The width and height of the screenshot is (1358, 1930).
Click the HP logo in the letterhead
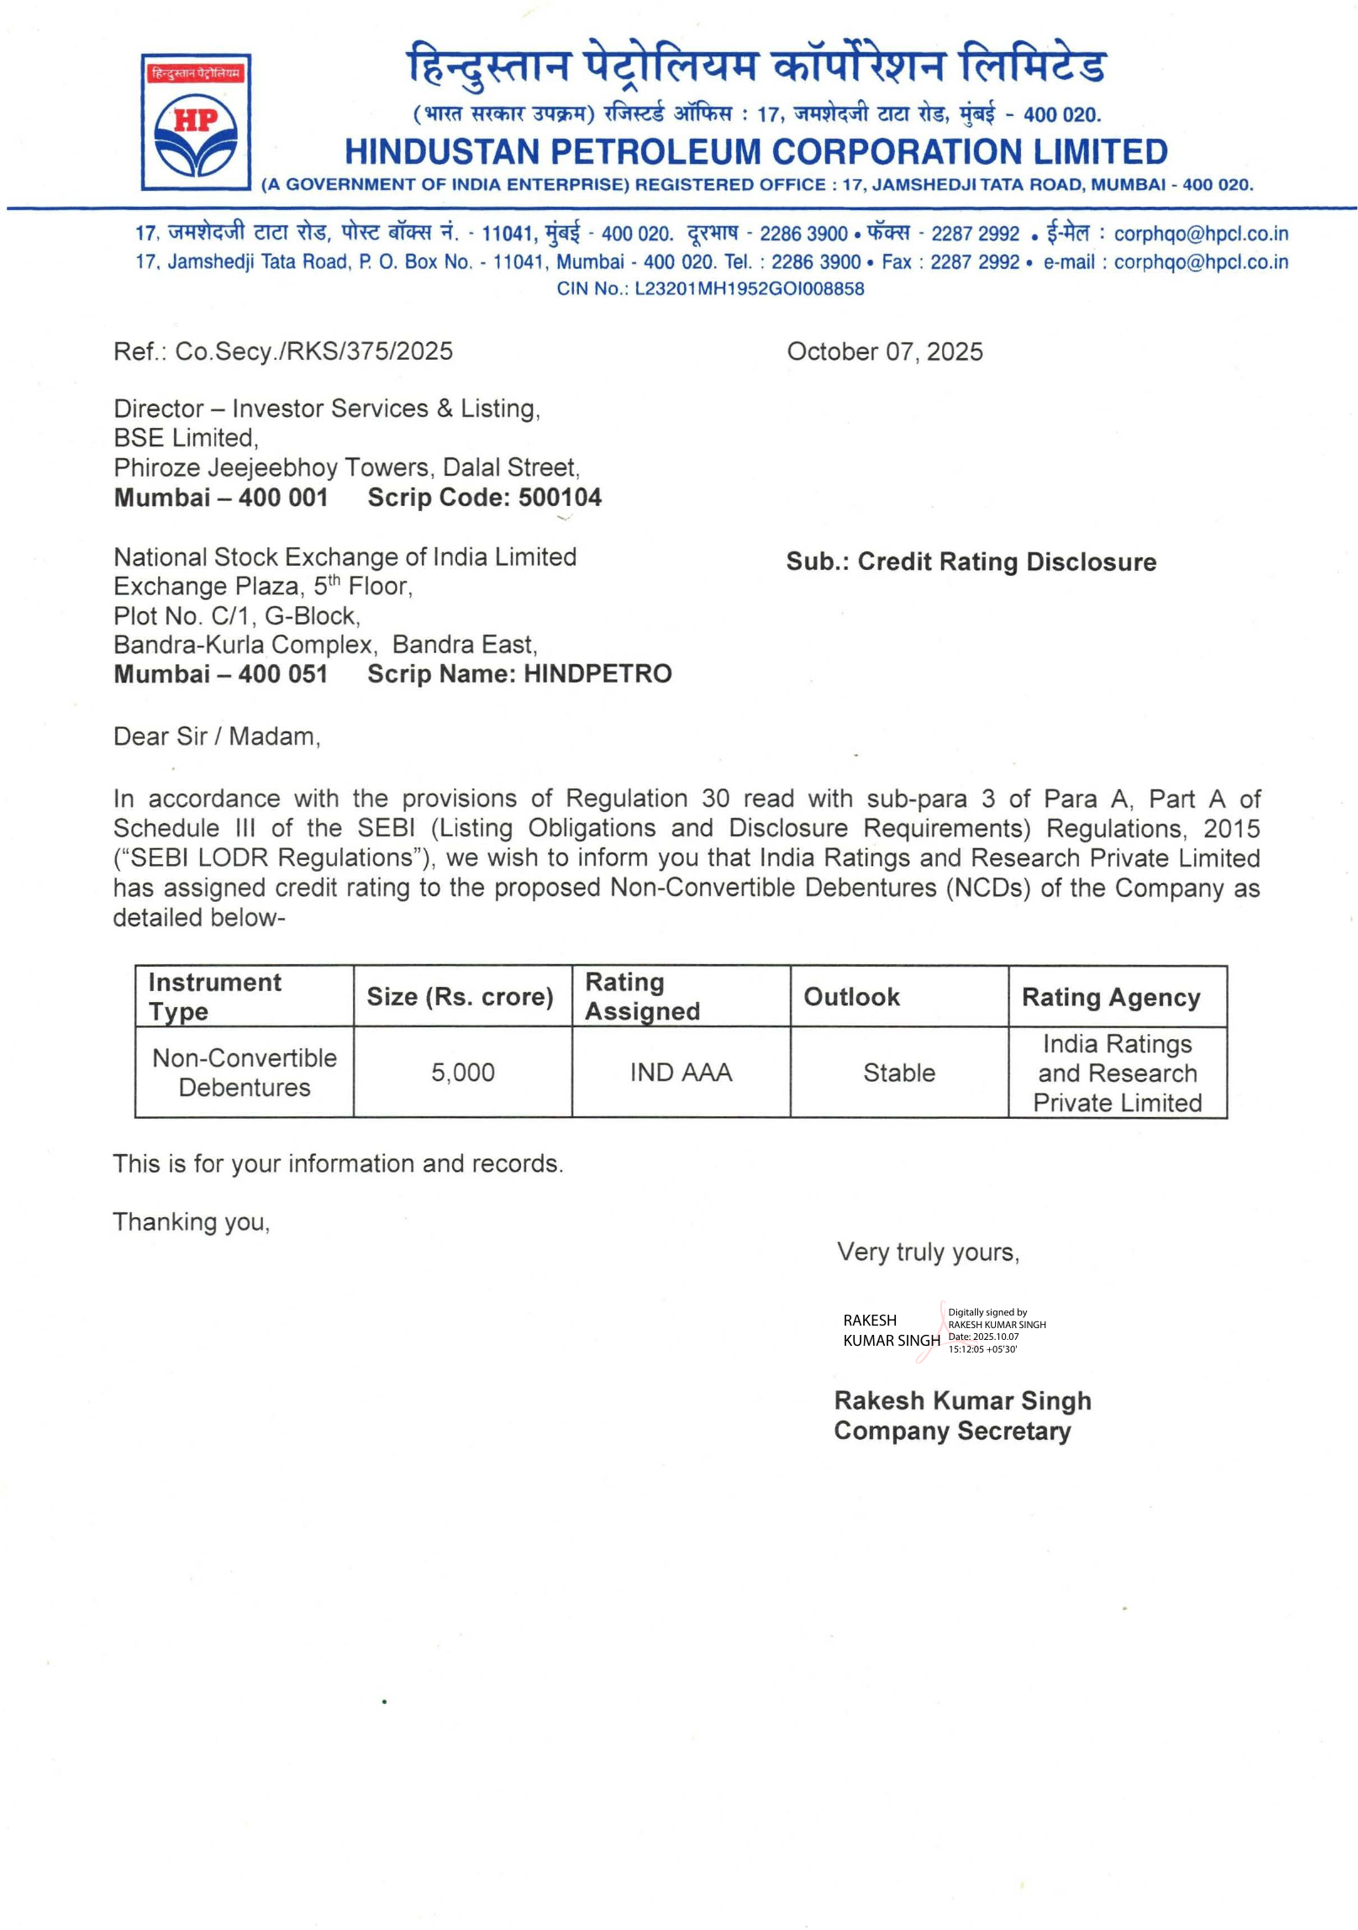pyautogui.click(x=196, y=123)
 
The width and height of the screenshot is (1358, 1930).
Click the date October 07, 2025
pyautogui.click(x=884, y=351)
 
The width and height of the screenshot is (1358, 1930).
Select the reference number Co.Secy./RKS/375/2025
pyautogui.click(x=313, y=351)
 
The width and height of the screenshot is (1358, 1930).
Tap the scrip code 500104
pyautogui.click(x=560, y=498)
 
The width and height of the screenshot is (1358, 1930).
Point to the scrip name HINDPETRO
pyautogui.click(x=597, y=674)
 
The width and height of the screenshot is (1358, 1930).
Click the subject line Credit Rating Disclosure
pyautogui.click(x=1006, y=562)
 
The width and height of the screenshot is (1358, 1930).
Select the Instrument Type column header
pyautogui.click(x=215, y=996)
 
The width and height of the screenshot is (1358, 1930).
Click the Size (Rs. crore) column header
pyautogui.click(x=461, y=997)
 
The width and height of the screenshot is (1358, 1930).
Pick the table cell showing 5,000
pyautogui.click(x=462, y=1073)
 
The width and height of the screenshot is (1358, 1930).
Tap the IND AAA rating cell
pyautogui.click(x=681, y=1073)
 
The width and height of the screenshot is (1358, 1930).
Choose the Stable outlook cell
pyautogui.click(x=899, y=1073)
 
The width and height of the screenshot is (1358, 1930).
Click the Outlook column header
pyautogui.click(x=851, y=997)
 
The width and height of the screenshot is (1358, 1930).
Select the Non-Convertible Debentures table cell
pyautogui.click(x=245, y=1073)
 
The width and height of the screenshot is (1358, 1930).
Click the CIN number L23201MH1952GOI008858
pyautogui.click(x=749, y=288)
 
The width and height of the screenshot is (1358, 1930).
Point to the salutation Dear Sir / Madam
pyautogui.click(x=217, y=736)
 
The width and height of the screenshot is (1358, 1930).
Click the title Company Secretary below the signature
pyautogui.click(x=952, y=1431)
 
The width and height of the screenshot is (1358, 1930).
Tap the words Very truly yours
pyautogui.click(x=928, y=1252)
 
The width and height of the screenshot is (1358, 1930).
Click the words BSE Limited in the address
pyautogui.click(x=186, y=438)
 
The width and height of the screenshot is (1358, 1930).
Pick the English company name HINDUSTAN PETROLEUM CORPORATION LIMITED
pyautogui.click(x=756, y=152)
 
